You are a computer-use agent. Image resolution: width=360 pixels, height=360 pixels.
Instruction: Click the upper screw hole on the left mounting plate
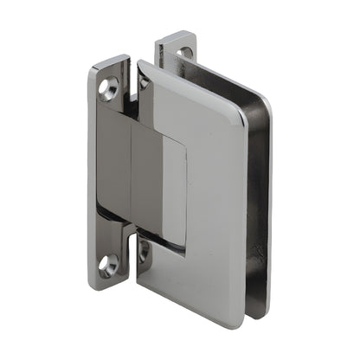[x=110, y=86]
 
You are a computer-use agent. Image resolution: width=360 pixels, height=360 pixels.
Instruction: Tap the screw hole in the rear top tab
[x=184, y=52]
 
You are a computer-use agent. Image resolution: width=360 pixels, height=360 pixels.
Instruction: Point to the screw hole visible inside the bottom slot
[x=144, y=252]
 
